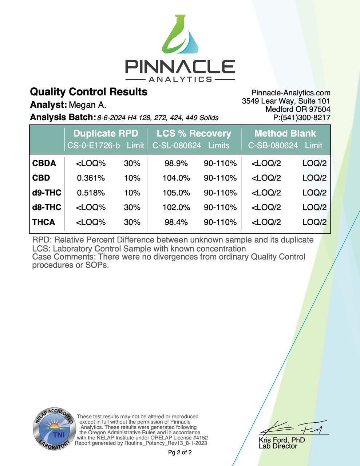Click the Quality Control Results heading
[x=88, y=92]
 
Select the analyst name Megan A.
[x=88, y=105]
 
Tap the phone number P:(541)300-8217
[x=302, y=117]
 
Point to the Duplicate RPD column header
[x=106, y=134]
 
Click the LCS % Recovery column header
[x=194, y=134]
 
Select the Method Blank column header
[x=285, y=134]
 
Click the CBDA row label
[x=44, y=163]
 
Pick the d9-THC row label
[x=47, y=193]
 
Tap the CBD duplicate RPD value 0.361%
[x=91, y=178]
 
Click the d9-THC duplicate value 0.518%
[x=91, y=193]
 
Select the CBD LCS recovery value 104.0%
[x=176, y=178]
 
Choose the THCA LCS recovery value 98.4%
[x=176, y=222]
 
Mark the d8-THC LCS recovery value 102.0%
[x=176, y=208]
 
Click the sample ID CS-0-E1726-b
[x=94, y=146]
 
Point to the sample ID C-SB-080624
[x=273, y=146]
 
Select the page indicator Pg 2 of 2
[x=180, y=453]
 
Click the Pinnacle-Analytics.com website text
[x=291, y=93]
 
